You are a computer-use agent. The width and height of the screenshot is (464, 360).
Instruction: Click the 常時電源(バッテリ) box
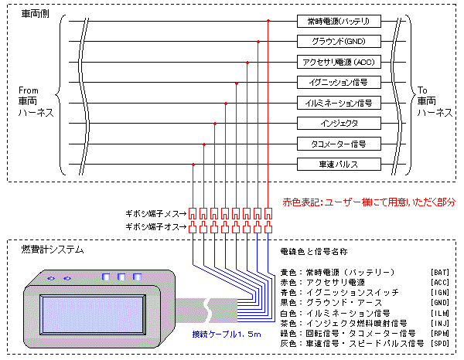click(x=338, y=21)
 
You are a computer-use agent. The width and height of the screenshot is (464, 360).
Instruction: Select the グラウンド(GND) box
click(x=338, y=41)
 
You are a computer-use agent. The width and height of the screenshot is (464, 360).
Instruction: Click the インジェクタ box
click(x=338, y=123)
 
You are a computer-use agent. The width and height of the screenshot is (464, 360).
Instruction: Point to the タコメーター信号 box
click(x=338, y=144)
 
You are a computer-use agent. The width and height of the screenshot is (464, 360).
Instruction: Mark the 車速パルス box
click(x=338, y=164)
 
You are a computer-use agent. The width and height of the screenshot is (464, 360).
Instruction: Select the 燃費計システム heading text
click(x=53, y=250)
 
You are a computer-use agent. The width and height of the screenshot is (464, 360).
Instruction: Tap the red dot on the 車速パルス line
click(x=193, y=164)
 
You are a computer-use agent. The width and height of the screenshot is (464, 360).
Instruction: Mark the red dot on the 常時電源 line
click(x=268, y=21)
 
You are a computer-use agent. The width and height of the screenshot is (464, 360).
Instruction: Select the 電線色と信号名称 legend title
click(x=312, y=252)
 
